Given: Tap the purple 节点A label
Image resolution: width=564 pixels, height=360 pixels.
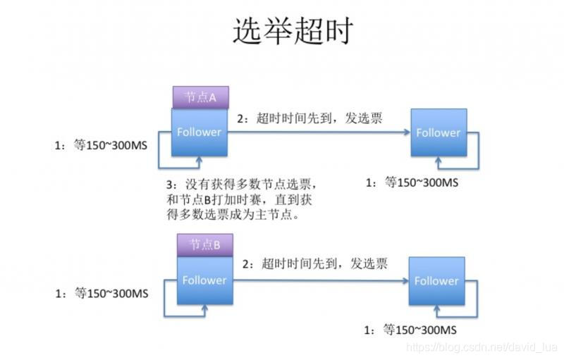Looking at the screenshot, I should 200,97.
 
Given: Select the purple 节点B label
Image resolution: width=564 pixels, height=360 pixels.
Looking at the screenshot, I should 204,245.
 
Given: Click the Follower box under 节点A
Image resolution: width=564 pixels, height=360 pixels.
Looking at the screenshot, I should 200,132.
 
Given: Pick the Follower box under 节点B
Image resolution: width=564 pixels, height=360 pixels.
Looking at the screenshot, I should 204,280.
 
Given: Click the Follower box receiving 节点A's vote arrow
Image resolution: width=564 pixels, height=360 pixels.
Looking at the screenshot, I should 438,132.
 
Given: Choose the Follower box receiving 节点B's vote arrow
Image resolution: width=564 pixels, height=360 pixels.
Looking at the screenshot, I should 436,280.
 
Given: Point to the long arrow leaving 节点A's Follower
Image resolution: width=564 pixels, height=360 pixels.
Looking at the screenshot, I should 317,132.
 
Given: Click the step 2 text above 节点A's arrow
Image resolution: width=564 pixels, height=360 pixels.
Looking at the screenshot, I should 309,118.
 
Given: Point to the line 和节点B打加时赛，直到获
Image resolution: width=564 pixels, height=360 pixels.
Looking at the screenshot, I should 239,201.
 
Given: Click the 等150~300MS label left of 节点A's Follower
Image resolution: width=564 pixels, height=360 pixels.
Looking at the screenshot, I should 102,146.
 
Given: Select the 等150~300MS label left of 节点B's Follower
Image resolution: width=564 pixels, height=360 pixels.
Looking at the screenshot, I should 102,293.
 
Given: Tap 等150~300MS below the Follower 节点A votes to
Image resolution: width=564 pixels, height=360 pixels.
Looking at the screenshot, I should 412,182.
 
